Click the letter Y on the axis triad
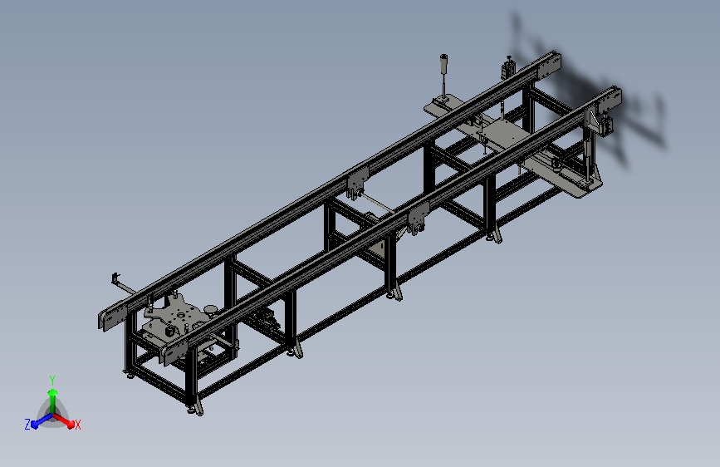click(x=52, y=380)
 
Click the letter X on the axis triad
click(x=77, y=425)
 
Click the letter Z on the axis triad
click(x=27, y=425)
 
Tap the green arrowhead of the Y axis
click(x=53, y=393)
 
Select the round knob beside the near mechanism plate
click(x=211, y=310)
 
